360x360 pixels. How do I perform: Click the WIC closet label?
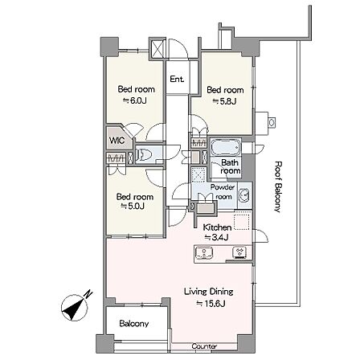click(117, 140)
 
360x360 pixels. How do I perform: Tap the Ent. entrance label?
click(177, 79)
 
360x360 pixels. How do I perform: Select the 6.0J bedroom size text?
click(135, 101)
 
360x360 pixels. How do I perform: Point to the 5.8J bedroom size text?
click(224, 101)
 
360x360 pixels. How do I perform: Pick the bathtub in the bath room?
click(226, 147)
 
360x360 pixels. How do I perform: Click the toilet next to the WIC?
click(145, 154)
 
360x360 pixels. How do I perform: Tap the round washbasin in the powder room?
click(244, 194)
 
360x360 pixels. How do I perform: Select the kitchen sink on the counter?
click(204, 252)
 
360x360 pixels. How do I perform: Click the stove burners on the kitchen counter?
click(239, 252)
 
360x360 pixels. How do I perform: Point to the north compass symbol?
click(74, 308)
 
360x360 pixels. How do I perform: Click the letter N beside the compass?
click(88, 294)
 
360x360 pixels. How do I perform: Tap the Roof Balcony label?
click(278, 186)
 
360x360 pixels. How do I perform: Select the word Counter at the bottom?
click(204, 346)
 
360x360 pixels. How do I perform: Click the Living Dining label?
click(209, 292)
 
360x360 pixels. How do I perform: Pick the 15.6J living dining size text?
click(211, 304)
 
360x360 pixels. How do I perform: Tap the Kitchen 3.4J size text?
click(216, 237)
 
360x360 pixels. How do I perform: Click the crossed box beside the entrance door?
click(157, 49)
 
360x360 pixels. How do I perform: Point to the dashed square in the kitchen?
click(243, 220)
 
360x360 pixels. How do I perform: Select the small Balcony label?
click(134, 324)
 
